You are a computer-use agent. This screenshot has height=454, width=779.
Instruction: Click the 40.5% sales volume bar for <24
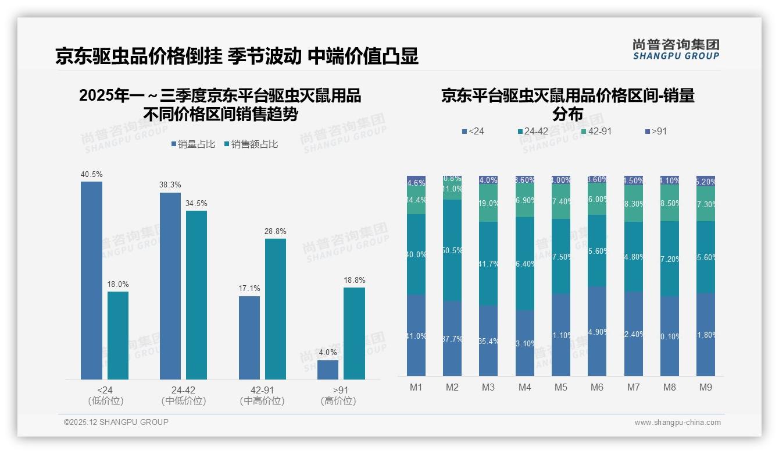click(x=91, y=281)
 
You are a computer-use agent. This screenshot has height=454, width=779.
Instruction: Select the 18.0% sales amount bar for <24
click(x=118, y=335)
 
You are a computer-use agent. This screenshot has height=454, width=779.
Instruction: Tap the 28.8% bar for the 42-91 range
click(x=276, y=308)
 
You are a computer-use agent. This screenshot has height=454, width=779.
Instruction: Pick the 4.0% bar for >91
click(x=328, y=370)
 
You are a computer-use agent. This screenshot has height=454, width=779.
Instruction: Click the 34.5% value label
click(x=196, y=204)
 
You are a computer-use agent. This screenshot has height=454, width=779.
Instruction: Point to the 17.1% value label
click(x=249, y=289)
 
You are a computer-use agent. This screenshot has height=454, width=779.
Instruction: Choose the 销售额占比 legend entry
click(x=251, y=144)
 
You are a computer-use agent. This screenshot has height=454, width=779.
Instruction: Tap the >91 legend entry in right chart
click(x=656, y=132)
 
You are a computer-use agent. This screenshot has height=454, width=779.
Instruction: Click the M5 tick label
click(x=561, y=387)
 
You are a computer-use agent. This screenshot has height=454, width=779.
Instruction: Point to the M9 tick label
click(x=706, y=387)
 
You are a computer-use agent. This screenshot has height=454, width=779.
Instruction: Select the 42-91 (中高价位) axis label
click(x=262, y=395)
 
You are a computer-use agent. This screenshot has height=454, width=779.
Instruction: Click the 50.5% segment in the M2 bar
click(x=452, y=250)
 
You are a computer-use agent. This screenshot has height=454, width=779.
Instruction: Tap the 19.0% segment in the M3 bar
click(x=488, y=203)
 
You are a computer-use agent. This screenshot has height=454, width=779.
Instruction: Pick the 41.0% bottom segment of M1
click(x=416, y=335)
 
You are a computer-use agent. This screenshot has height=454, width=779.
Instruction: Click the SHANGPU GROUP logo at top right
click(x=676, y=49)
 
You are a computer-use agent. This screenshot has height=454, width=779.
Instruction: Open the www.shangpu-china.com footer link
click(x=677, y=423)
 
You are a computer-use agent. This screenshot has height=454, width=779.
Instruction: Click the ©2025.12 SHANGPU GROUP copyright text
click(x=116, y=422)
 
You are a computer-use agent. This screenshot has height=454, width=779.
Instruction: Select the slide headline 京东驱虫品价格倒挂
click(x=138, y=56)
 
